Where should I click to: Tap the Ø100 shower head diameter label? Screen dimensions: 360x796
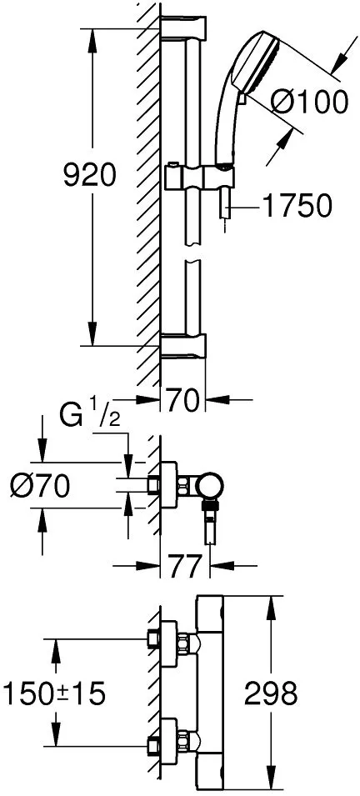pyautogui.click(x=309, y=103)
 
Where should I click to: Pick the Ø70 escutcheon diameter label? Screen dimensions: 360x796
pyautogui.click(x=40, y=488)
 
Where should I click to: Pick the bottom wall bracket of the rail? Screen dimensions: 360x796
pyautogui.click(x=183, y=345)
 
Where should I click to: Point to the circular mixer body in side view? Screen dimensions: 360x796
pyautogui.click(x=210, y=486)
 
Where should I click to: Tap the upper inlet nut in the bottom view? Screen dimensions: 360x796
pyautogui.click(x=186, y=639)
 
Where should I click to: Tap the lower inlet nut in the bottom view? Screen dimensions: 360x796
pyautogui.click(x=186, y=738)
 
